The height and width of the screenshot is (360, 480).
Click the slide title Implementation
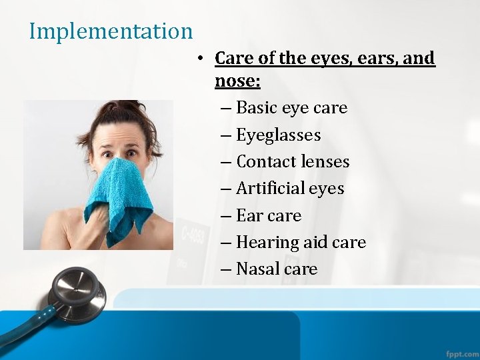pos(111,31)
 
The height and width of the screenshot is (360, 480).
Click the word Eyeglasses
pos(278,135)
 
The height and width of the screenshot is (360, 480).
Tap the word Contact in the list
pos(262,162)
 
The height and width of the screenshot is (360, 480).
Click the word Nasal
pos(257,269)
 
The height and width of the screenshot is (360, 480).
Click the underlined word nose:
pos(237,81)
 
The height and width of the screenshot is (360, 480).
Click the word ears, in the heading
pos(375,59)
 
